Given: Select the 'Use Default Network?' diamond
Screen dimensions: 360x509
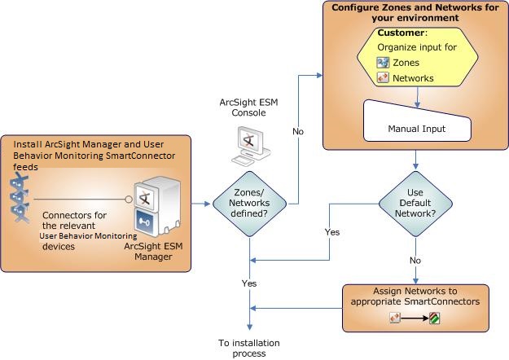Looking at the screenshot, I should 416,203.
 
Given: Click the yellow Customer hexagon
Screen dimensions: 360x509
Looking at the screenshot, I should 416,57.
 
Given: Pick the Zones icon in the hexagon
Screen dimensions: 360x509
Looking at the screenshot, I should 383,63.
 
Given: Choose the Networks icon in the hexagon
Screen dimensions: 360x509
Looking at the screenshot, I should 383,78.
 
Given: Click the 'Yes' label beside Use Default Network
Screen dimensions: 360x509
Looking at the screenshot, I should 332,233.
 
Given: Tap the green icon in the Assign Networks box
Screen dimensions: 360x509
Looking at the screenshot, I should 435,318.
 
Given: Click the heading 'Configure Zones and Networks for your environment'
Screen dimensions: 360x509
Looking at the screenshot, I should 415,13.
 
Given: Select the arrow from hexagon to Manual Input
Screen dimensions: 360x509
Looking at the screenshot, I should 416,95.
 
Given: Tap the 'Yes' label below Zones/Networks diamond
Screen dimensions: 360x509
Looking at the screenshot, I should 249,283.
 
